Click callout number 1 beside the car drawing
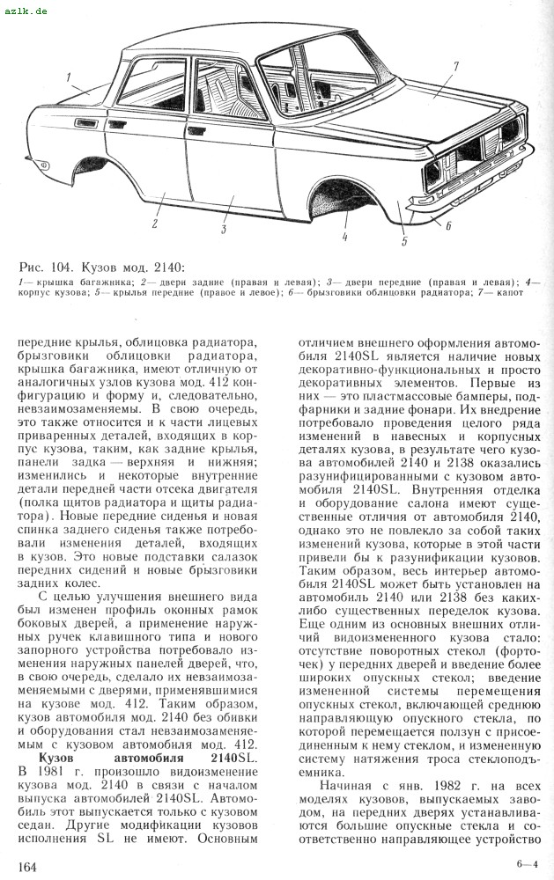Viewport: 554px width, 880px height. (68, 78)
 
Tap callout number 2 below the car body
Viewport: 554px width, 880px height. (154, 224)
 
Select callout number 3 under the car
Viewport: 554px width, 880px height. (225, 230)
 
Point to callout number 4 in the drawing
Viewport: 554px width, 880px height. (345, 236)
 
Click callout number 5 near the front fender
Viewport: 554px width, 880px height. (404, 239)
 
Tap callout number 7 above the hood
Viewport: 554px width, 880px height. (456, 66)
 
